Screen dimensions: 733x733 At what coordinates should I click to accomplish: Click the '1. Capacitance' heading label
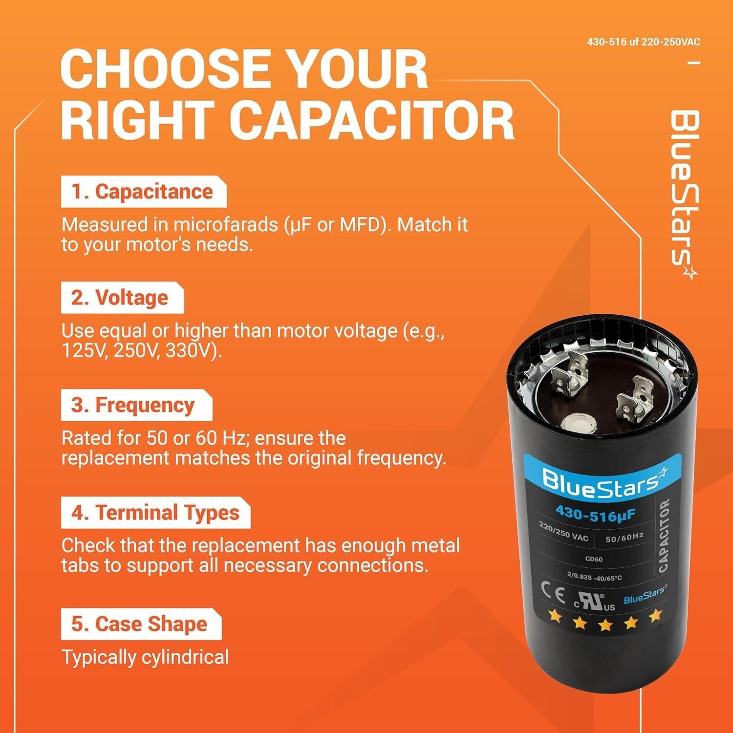[143, 192]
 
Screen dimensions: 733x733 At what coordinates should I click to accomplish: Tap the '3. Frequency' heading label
[133, 406]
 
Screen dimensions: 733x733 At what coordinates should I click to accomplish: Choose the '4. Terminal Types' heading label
[156, 513]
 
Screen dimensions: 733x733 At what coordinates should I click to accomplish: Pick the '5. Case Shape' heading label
[140, 625]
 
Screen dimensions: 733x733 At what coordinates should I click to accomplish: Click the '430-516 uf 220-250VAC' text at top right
[643, 42]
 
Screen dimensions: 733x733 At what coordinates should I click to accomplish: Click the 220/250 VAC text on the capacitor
[563, 531]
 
